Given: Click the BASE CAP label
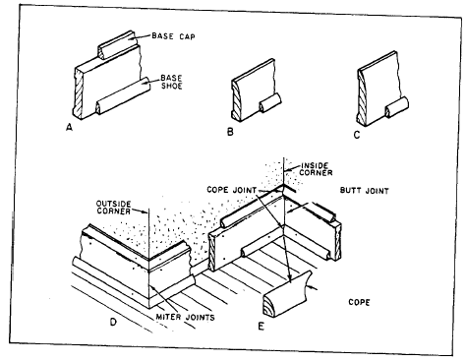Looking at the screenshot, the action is [173, 36].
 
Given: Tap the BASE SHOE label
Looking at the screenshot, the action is [171, 82].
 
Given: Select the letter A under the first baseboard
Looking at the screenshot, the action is [69, 127].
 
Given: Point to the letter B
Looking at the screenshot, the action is [230, 132].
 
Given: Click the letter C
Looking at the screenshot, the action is [357, 135].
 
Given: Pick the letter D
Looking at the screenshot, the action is [113, 322].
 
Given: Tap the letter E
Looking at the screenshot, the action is [261, 327].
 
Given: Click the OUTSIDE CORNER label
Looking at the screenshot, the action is [113, 208].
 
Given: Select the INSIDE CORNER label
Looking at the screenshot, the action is [316, 169].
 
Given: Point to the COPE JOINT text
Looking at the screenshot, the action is [232, 190].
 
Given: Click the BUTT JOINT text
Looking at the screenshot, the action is [364, 191].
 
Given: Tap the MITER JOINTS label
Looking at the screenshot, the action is [185, 317].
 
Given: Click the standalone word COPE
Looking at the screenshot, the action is [359, 302].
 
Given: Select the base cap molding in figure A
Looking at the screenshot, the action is [117, 45].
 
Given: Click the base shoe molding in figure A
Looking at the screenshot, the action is [123, 95].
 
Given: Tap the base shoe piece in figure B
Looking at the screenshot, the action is [270, 102].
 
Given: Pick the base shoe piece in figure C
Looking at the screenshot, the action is [397, 107].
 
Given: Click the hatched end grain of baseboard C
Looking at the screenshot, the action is [362, 97].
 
